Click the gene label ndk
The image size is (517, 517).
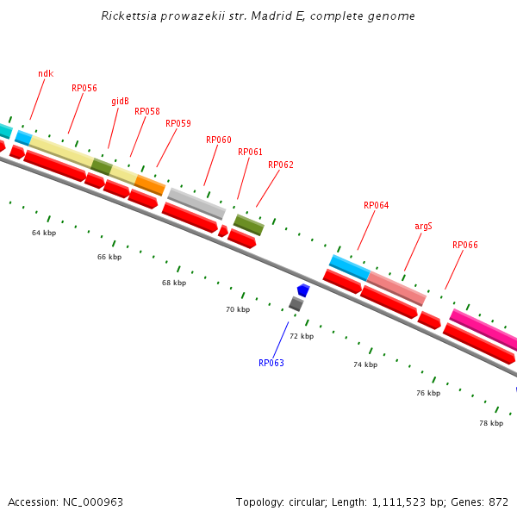(46, 74)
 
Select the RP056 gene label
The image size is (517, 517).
(84, 88)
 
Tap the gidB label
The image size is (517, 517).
(120, 102)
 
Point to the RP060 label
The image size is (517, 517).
(219, 140)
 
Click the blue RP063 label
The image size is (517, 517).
(271, 363)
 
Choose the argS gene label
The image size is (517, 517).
(423, 226)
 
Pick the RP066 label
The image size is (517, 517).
(465, 245)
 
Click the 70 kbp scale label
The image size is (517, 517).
(238, 309)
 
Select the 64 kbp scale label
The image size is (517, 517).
(44, 233)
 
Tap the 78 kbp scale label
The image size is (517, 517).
(491, 423)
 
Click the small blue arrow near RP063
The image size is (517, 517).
(302, 290)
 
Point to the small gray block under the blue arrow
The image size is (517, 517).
(296, 303)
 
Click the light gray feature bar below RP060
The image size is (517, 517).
(196, 203)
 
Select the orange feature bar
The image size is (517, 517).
(150, 184)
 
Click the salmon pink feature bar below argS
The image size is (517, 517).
(396, 288)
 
